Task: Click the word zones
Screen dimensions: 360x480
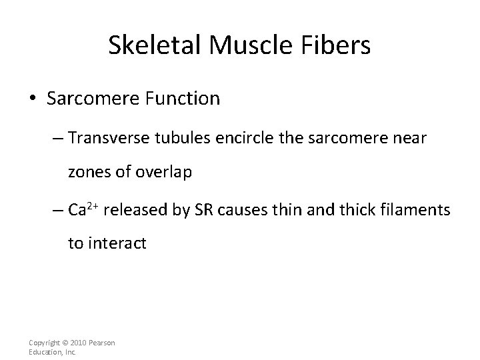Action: [86, 173]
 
